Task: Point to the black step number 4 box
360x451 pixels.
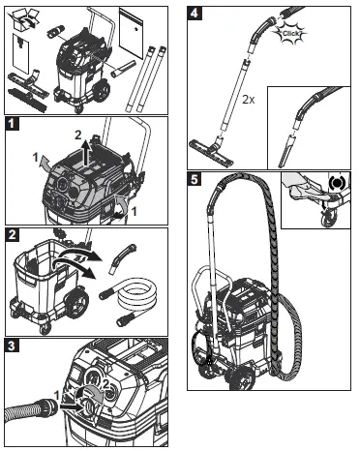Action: (195, 15)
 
